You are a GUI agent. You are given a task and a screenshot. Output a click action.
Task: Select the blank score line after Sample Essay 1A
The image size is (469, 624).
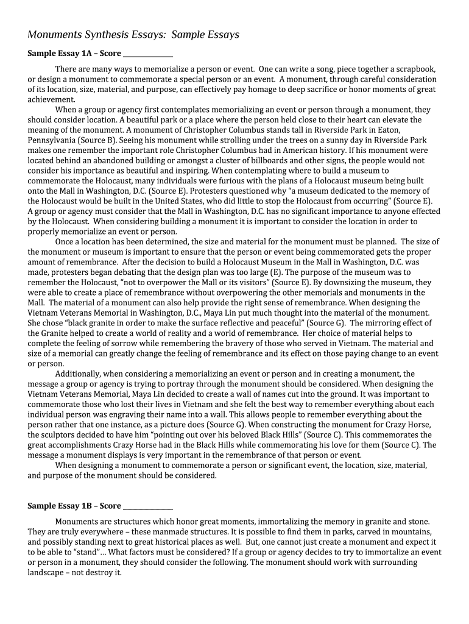click(x=147, y=54)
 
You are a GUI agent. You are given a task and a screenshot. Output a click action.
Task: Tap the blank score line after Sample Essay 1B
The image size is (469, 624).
click(x=147, y=506)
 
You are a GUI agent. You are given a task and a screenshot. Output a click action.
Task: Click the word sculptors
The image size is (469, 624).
click(x=58, y=434)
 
